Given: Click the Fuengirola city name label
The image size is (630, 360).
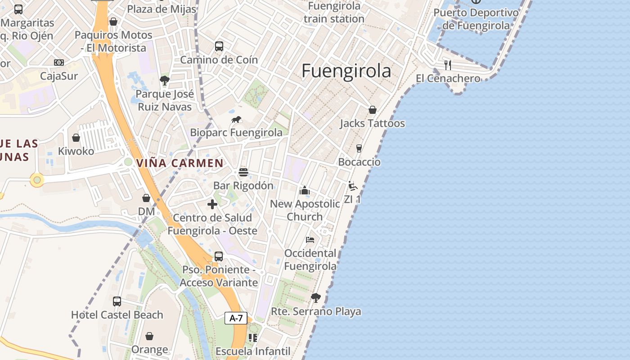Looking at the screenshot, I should tap(346, 71).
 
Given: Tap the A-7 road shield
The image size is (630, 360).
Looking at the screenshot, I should tap(236, 318).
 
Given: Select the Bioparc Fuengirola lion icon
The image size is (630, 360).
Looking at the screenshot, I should tap(236, 120).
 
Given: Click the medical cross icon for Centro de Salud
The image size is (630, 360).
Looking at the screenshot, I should tap(212, 204).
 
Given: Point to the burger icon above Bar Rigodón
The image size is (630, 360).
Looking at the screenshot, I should tap(243, 172).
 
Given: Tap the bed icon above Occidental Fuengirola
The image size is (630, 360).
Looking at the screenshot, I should tap(310, 239).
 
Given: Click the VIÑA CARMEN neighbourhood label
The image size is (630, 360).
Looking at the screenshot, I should tap(180, 163).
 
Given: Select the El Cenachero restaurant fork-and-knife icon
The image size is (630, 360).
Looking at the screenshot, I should tap(447, 65).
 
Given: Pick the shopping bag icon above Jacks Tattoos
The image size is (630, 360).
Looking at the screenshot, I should tap(373, 110).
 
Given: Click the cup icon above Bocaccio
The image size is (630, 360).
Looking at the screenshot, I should tap(359, 148).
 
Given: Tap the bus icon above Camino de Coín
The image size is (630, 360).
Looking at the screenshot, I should tap(219, 46).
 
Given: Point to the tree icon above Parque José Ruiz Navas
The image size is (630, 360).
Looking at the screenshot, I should tap(165, 81).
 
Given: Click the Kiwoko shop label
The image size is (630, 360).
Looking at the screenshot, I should tap(76, 151).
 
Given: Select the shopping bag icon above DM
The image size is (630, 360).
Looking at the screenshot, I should tap(146, 198).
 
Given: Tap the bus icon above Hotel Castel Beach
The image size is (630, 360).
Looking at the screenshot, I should tap(117, 301).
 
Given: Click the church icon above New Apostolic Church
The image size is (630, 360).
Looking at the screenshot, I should tap(305, 190).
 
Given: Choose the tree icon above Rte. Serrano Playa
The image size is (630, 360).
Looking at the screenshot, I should tap(316, 297).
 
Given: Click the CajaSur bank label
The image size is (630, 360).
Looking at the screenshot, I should tap(59, 76).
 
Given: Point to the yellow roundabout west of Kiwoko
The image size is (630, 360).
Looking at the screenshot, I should tap(37, 180).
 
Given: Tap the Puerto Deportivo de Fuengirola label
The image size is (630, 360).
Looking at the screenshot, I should tap(476, 19).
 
